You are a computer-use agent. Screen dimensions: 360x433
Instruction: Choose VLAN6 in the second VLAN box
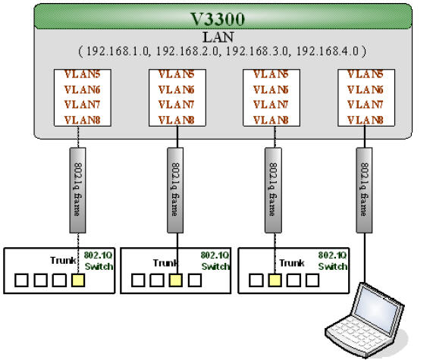pyautogui.click(x=176, y=89)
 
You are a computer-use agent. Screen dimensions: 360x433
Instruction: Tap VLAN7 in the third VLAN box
pyautogui.click(x=271, y=105)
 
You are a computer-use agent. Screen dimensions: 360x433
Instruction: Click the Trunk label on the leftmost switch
pyautogui.click(x=64, y=261)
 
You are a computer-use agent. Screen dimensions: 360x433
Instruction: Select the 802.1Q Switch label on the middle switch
pyautogui.click(x=215, y=261)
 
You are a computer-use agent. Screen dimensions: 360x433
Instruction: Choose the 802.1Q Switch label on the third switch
pyautogui.click(x=332, y=261)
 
